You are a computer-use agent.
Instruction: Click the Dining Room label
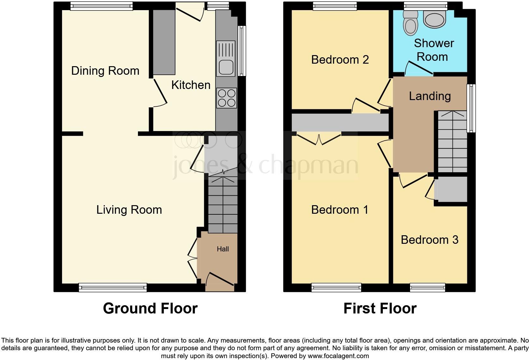pos(105,71)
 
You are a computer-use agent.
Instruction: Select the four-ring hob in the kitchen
pos(227,98)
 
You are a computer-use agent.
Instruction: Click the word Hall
pos(223,249)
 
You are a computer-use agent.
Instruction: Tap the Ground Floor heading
pos(150,308)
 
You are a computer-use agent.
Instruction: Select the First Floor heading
pos(380,308)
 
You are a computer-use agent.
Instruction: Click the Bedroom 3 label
pos(429,240)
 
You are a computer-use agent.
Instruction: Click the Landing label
pos(430,96)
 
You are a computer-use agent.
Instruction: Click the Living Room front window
pos(113,287)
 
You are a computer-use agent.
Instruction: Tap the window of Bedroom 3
pos(427,287)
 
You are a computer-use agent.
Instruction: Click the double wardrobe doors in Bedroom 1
pos(319,139)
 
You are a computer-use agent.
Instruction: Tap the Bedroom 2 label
pos(340,60)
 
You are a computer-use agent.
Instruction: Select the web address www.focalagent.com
pos(338,356)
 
